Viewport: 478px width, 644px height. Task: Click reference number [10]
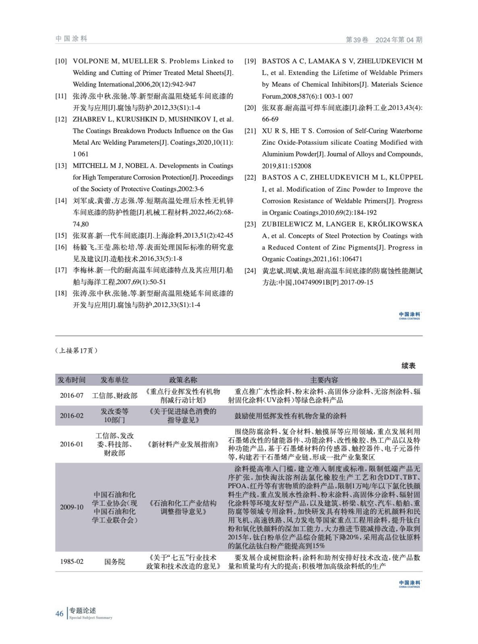[61, 61]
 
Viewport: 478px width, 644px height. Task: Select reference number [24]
[250, 271]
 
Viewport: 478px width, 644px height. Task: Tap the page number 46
[60, 613]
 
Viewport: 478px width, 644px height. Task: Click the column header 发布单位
[114, 380]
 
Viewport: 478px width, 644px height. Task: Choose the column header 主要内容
[324, 380]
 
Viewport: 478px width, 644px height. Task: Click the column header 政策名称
[183, 380]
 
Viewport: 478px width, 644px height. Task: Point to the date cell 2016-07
[72, 396]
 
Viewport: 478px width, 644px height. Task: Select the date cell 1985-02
[72, 561]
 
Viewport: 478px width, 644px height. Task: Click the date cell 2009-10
[72, 507]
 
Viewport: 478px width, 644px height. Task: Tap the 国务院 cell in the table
[114, 561]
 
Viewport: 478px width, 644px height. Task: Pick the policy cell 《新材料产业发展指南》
[183, 444]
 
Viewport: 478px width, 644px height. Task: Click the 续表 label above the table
[408, 365]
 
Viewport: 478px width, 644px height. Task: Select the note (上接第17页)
[77, 351]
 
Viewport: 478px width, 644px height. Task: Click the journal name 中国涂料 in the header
[72, 39]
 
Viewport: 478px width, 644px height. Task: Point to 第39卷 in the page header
[357, 39]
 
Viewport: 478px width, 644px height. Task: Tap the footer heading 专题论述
[83, 611]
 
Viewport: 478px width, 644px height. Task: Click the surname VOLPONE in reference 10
[91, 61]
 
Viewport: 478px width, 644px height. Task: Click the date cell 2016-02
[72, 416]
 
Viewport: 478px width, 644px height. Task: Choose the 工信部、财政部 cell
[114, 396]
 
